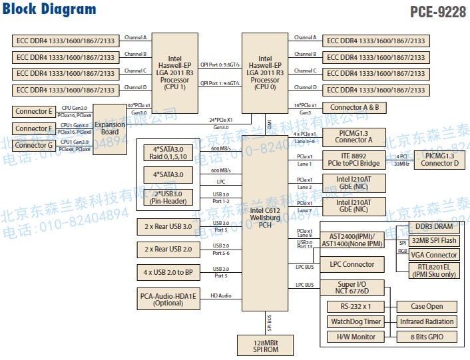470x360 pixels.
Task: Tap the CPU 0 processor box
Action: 265,73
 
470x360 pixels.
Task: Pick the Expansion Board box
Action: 110,128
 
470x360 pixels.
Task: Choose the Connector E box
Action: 33,112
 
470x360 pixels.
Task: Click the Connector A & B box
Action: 354,107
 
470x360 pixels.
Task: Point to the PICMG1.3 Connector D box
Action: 439,159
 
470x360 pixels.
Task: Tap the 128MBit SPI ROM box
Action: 265,346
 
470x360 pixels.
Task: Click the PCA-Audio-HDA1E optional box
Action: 168,299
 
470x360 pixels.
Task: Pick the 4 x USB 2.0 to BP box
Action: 168,272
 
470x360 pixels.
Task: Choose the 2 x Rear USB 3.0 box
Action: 168,227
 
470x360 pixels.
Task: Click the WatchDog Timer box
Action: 355,321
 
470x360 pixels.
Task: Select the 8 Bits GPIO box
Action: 427,337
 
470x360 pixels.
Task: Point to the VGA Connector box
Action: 433,255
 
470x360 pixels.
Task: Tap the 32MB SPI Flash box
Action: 433,241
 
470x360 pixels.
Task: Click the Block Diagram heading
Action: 50,9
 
